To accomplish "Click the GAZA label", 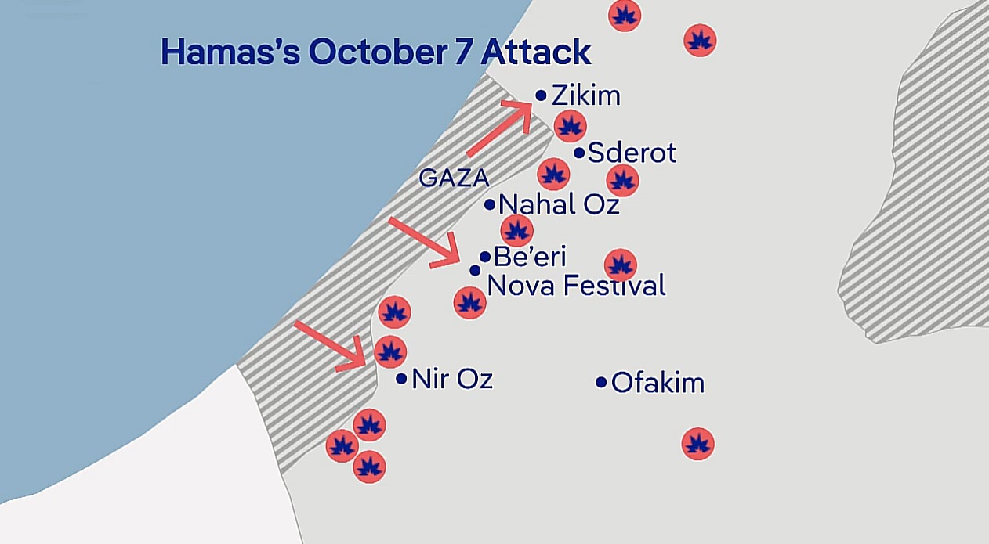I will point(454,178).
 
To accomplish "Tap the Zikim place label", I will point(585,95).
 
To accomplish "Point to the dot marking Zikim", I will point(541,95).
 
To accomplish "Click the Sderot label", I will point(632,153).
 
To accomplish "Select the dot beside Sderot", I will point(579,153).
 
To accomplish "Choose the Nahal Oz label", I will point(559,205).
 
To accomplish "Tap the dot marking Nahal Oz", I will point(490,205).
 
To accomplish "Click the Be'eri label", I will point(530,257).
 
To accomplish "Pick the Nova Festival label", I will point(576,286).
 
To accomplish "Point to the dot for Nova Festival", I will point(475,270).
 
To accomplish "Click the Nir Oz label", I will point(452,379).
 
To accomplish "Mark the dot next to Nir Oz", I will point(401,379).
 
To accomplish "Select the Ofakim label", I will point(658,383).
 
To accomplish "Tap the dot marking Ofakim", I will point(601,383).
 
